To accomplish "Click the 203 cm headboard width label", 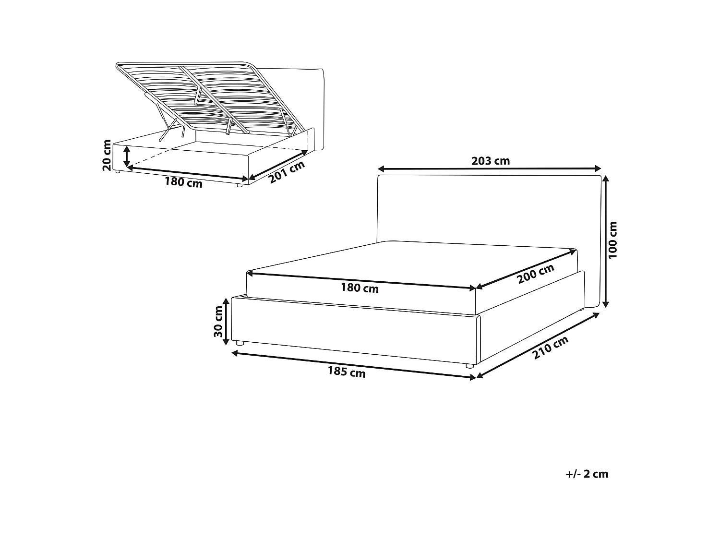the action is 491,161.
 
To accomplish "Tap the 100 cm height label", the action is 612,240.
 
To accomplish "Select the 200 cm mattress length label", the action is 536,274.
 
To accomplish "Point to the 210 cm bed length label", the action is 550,348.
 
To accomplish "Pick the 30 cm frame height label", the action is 218,321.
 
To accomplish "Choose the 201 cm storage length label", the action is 287,172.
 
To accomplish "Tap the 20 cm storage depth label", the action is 107,155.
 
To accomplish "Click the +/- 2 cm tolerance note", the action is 587,474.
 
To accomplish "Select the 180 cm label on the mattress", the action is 360,288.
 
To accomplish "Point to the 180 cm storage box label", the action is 183,182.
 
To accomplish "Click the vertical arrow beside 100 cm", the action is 606,241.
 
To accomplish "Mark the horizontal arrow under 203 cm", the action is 490,169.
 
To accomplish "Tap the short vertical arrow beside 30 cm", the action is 226,321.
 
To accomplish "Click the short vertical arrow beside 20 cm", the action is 127,157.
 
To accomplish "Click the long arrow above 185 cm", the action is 354,365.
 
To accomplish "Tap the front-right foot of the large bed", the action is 470,366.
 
